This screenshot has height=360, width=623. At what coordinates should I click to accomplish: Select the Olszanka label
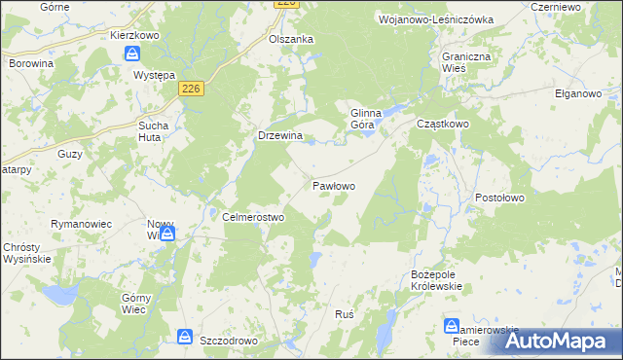click(290, 39)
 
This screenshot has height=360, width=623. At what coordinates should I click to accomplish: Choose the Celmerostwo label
click(253, 217)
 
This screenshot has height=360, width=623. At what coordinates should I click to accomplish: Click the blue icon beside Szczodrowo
click(184, 337)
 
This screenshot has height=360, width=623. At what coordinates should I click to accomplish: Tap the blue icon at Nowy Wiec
click(167, 233)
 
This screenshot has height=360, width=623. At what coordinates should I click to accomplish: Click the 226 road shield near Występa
click(192, 89)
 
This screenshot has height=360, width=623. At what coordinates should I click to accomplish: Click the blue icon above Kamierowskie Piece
click(452, 325)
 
